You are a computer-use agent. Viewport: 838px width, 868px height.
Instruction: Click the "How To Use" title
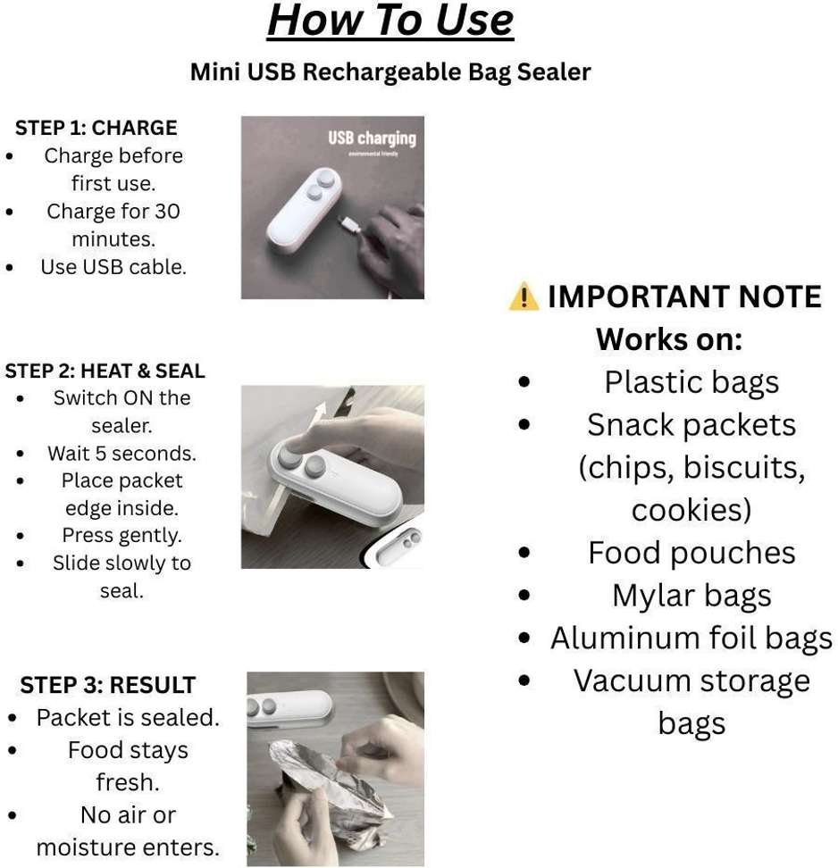[390, 21]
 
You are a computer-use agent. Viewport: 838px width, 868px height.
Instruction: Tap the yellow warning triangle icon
[524, 296]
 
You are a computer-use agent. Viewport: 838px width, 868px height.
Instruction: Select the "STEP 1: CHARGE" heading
[96, 128]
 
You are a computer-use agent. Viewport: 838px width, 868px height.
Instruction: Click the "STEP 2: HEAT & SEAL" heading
[105, 371]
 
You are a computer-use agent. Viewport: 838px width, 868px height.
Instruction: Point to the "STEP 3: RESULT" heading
[108, 685]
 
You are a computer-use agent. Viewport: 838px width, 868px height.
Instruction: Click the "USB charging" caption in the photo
[372, 138]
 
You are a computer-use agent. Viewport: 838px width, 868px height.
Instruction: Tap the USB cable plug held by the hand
[349, 224]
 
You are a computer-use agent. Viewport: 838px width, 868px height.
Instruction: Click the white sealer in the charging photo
[302, 209]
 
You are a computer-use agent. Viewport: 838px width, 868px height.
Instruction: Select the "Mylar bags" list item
[691, 596]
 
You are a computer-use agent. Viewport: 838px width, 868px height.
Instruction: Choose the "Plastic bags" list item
[691, 382]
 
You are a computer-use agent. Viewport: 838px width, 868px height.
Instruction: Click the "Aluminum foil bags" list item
[691, 638]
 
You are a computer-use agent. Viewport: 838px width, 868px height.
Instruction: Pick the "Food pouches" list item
[691, 553]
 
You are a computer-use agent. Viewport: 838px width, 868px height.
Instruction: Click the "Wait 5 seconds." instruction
[122, 454]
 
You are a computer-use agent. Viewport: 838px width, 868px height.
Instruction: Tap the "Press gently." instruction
[122, 535]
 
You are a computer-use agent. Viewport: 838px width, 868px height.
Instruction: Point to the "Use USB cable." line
[113, 267]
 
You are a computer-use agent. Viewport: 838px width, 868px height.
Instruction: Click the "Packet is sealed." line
[128, 717]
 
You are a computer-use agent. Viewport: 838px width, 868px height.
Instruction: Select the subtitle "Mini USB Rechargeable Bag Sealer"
[390, 72]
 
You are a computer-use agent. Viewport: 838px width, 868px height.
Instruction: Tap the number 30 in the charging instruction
[167, 211]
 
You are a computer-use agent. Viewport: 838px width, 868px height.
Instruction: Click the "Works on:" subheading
[669, 338]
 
